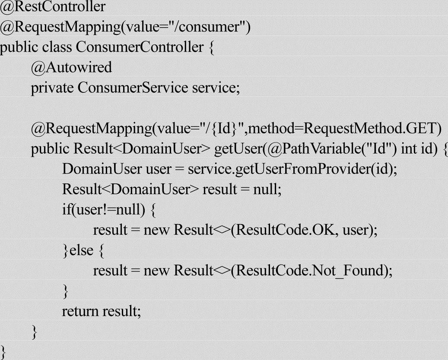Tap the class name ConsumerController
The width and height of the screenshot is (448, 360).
139,47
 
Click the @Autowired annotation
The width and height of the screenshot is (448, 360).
71,67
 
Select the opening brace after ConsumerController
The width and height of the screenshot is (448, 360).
211,47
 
